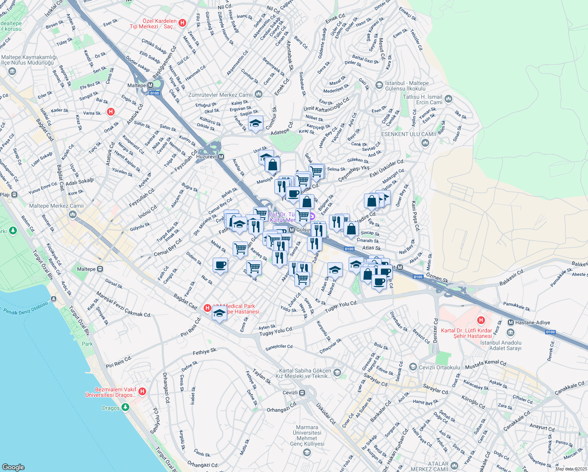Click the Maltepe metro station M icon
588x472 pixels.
point(150,85)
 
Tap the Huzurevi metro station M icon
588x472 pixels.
point(221,157)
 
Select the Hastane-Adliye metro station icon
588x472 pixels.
point(511,323)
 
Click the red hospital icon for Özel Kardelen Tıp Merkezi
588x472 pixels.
point(182,23)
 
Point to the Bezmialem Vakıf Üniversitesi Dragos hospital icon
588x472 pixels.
point(142,391)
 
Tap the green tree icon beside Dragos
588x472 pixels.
point(125,407)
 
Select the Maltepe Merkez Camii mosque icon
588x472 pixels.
point(72,214)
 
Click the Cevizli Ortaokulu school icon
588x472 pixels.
point(413,367)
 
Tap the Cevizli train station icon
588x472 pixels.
point(302,393)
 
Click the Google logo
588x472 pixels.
point(13,467)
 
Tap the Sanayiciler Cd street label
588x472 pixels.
point(279,347)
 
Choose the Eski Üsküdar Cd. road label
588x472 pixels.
point(387,168)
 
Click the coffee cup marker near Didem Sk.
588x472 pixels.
point(220,265)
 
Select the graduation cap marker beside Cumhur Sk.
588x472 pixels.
point(255,124)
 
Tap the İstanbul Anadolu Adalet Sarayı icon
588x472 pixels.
point(511,333)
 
